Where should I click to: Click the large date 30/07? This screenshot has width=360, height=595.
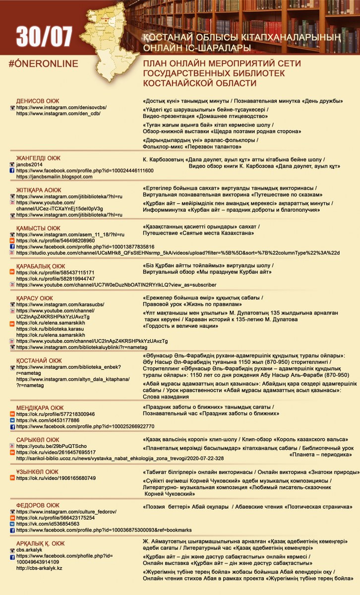pos(44,37)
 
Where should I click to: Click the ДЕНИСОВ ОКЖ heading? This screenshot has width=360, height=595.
pos(38,101)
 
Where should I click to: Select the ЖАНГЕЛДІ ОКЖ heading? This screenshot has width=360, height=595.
pos(38,158)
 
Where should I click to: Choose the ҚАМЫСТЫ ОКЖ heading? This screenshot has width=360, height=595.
pos(38,228)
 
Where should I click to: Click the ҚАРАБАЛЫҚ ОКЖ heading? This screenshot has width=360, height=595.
pos(41,266)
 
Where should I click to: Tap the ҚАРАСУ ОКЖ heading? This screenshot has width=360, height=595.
pos(35,298)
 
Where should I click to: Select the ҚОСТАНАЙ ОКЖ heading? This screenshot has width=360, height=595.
pos(39,360)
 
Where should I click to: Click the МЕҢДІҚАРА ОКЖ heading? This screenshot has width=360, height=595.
pos(40,408)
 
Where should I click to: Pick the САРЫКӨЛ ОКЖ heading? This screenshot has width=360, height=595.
pos(38,440)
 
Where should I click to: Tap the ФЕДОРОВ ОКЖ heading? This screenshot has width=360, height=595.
pos(38,505)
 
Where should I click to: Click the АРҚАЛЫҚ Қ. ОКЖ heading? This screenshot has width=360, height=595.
pos(40,543)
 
